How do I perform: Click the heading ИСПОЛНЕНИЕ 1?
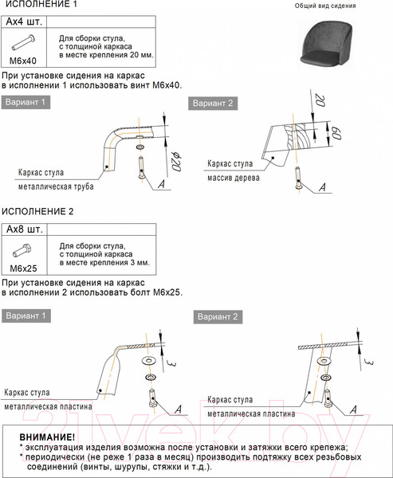[39, 4]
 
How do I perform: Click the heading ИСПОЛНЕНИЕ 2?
[37, 211]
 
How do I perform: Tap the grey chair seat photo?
[326, 42]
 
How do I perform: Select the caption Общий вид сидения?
[325, 6]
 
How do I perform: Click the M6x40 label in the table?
[23, 61]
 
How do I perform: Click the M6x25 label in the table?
[23, 268]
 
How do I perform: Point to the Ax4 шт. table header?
[24, 22]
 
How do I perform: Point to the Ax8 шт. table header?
[25, 229]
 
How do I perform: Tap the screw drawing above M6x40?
[23, 42]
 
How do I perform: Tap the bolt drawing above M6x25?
[22, 251]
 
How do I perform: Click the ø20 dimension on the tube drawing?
[176, 161]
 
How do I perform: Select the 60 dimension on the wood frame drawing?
[336, 133]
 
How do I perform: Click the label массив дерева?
[234, 178]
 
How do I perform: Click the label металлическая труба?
[56, 186]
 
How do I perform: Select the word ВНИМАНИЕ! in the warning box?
[47, 437]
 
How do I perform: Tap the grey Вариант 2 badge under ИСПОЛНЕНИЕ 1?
[213, 104]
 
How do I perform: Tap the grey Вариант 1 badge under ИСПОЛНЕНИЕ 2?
[26, 315]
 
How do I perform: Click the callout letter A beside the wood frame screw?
[322, 187]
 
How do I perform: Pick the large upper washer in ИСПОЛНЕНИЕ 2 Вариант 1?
[149, 361]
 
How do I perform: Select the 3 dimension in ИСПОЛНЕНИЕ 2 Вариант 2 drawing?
[369, 362]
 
